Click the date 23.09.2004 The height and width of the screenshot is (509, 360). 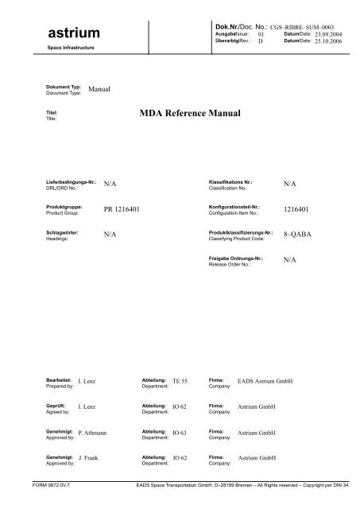coord(327,35)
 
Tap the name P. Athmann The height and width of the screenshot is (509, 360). coord(98,433)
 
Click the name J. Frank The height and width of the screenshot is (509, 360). coord(93,460)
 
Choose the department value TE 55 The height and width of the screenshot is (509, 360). coord(180,383)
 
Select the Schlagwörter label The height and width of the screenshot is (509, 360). coord(65,231)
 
